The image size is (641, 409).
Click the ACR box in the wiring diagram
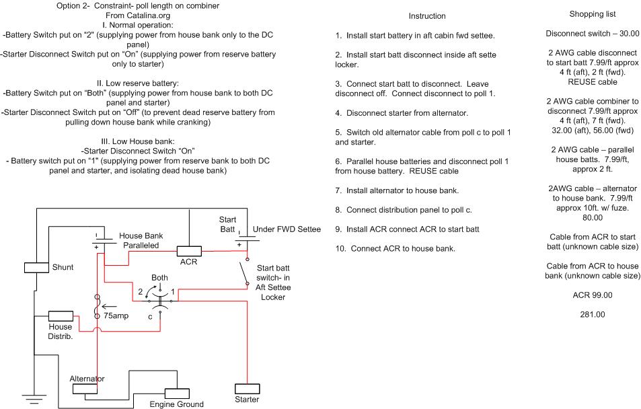[x=189, y=251]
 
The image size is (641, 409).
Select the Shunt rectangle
[x=36, y=268]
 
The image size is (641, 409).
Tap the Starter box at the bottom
[x=248, y=389]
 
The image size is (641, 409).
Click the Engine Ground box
[x=177, y=394]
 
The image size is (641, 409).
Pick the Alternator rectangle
[x=85, y=389]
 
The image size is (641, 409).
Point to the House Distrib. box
[x=61, y=316]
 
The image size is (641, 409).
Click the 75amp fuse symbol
[x=98, y=306]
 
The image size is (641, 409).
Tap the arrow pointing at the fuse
[x=109, y=306]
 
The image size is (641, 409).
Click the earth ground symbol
[x=34, y=399]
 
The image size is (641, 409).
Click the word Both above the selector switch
[x=159, y=278]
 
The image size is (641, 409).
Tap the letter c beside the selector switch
[x=150, y=317]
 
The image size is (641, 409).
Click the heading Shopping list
[x=593, y=14]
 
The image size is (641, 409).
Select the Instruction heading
[x=427, y=16]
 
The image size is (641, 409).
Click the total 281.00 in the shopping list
[x=593, y=315]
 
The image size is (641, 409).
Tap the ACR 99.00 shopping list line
[x=593, y=295]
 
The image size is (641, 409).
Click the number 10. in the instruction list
[x=341, y=249]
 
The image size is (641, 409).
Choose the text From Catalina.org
[x=138, y=15]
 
